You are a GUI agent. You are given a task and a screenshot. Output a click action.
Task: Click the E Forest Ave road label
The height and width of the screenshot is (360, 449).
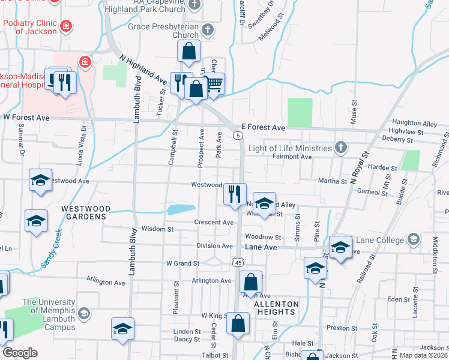coord(262,127)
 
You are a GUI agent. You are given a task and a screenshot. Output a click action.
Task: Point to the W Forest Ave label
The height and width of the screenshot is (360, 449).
coord(26,118)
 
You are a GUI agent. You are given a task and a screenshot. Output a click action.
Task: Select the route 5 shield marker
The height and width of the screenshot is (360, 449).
coord(239,136)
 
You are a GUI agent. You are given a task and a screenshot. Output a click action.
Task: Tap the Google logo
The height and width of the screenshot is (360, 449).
coord(20,353)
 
